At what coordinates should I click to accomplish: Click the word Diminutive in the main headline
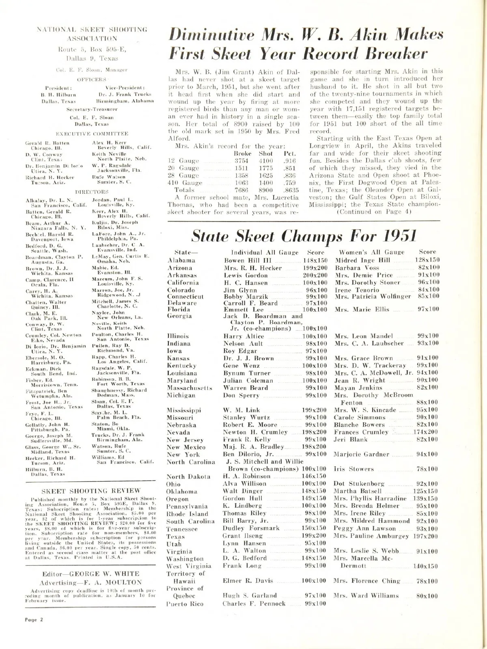211,35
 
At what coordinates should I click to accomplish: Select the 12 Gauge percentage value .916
289,161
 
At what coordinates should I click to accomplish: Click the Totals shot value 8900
266,190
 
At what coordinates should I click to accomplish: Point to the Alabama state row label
181,260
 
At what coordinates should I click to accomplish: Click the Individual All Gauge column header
265,252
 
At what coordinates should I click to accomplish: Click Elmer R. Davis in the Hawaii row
248,581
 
